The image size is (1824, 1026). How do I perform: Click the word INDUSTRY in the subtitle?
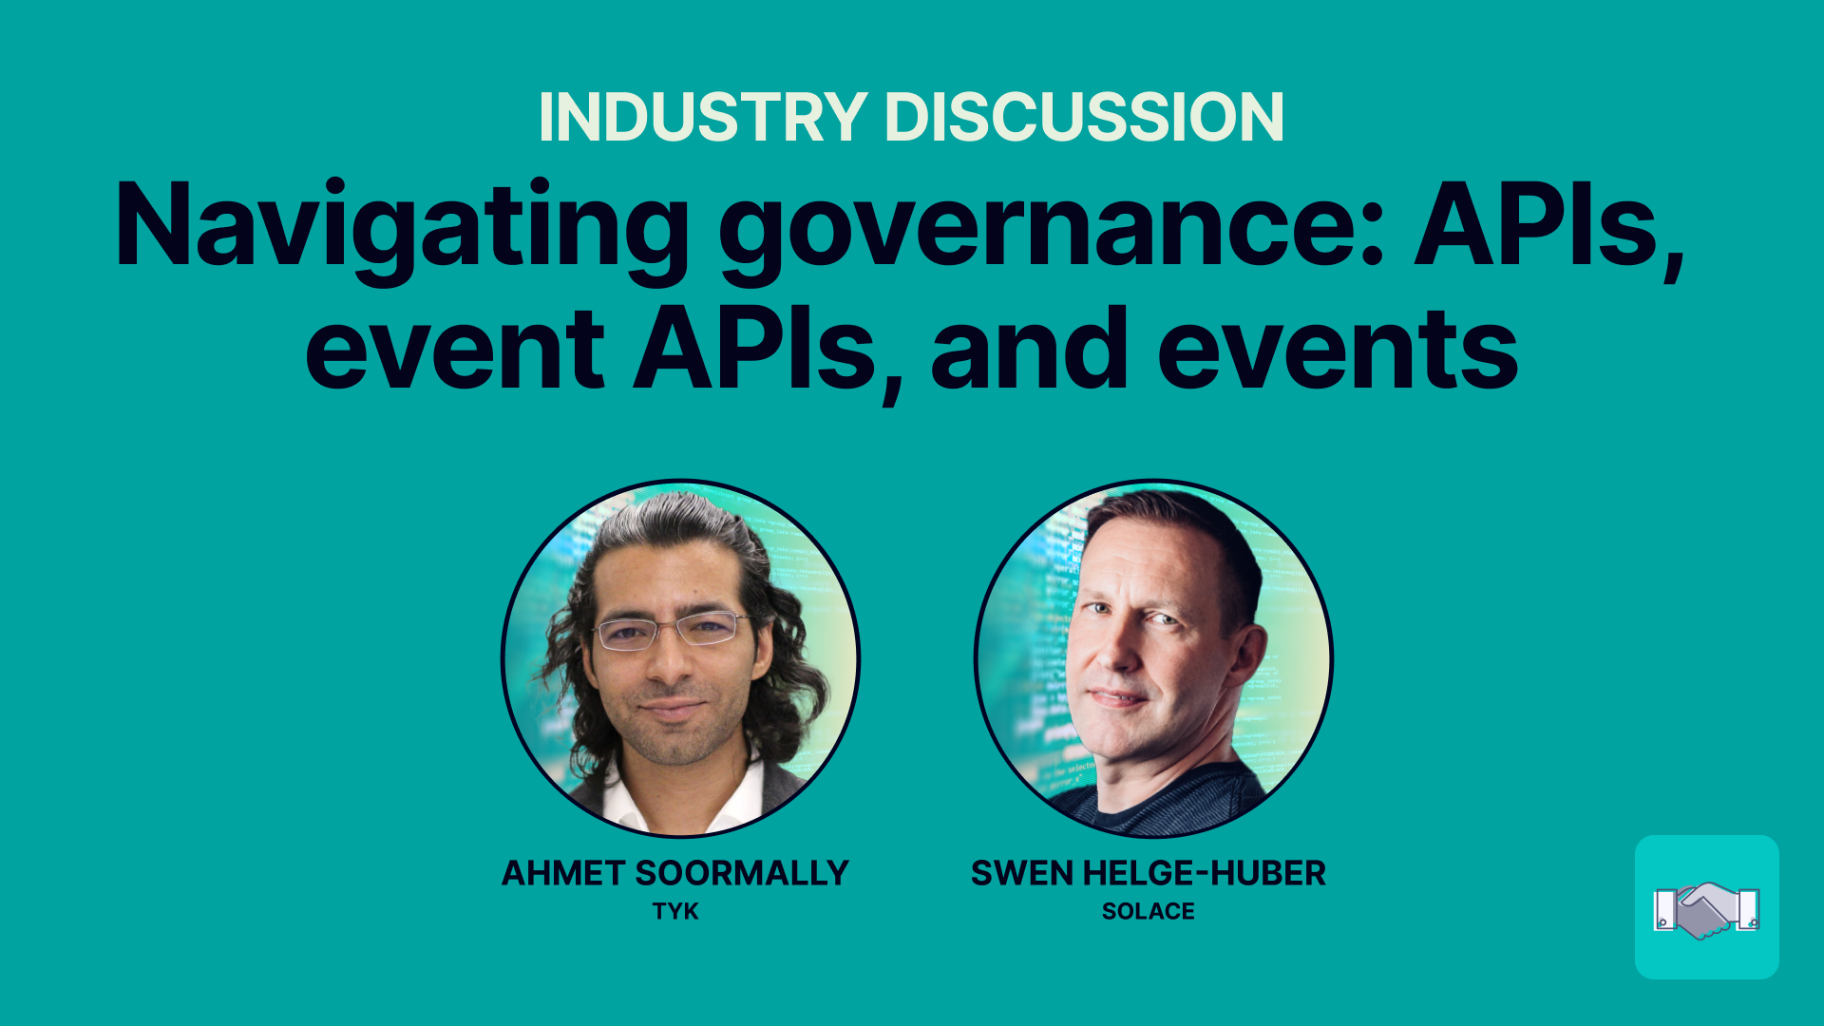pyautogui.click(x=702, y=118)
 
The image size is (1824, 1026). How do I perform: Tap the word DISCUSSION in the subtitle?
pyautogui.click(x=1084, y=118)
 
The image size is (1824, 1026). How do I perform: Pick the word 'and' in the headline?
pyautogui.click(x=1029, y=349)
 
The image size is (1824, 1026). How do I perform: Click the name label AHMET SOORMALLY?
pyautogui.click(x=675, y=873)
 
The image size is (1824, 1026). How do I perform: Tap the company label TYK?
pyautogui.click(x=675, y=912)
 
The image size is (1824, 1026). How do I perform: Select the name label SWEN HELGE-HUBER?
pyautogui.click(x=1149, y=873)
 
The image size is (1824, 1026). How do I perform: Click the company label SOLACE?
pyautogui.click(x=1149, y=912)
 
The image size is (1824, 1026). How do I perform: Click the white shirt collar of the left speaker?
pyautogui.click(x=684, y=804)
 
